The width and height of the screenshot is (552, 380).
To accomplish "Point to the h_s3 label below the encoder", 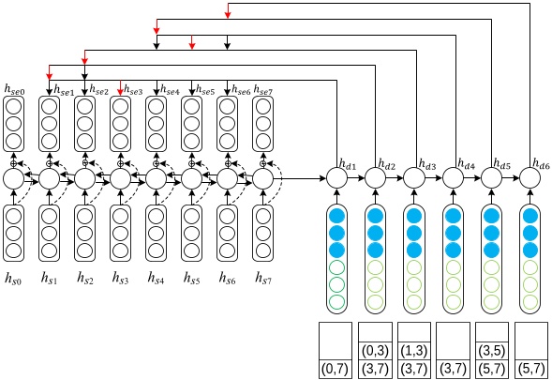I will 120,279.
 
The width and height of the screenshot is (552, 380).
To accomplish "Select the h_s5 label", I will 192,279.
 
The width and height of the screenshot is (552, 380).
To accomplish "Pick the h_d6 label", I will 541,164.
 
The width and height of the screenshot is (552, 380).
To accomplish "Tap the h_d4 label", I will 466,164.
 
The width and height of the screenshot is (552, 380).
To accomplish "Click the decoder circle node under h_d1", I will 336,177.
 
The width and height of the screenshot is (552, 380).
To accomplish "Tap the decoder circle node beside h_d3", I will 414,177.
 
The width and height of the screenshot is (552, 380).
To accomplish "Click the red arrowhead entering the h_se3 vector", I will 120,92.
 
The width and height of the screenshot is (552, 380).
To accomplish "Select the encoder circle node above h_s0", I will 13,177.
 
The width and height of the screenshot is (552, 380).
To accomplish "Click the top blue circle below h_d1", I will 336,216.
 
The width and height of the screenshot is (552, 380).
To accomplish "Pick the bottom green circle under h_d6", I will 530,301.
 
